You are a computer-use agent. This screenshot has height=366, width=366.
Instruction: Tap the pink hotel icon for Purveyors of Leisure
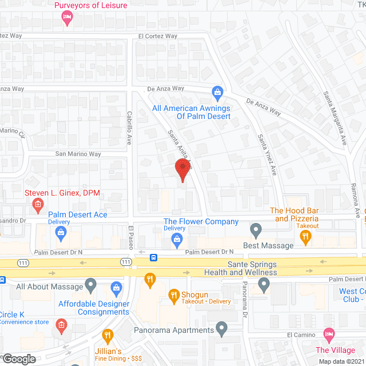pyautogui.click(x=66, y=19)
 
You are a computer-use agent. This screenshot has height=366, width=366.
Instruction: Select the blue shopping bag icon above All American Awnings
pyautogui.click(x=217, y=92)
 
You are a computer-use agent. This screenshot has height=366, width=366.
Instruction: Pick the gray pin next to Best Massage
pyautogui.click(x=256, y=230)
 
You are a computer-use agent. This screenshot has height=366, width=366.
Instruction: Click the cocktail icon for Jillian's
pyautogui.click(x=107, y=335)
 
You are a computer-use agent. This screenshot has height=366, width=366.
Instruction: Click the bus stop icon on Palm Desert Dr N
pyautogui.click(x=154, y=257)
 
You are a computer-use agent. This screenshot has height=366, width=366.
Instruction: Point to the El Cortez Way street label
pyautogui.click(x=158, y=36)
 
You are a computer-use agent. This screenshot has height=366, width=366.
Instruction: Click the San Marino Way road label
pyautogui.click(x=78, y=154)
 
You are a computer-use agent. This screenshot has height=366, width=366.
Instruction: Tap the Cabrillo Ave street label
pyautogui.click(x=130, y=128)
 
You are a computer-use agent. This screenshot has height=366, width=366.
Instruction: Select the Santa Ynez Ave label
pyautogui.click(x=266, y=154)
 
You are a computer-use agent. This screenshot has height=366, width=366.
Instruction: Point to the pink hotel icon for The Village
pyautogui.click(x=329, y=333)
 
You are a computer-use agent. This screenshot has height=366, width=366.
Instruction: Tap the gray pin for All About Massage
pyautogui.click(x=90, y=284)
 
